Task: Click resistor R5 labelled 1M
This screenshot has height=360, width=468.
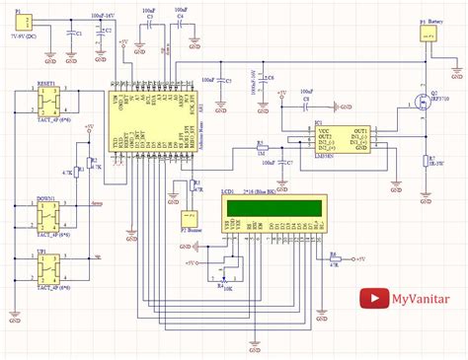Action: (x=261, y=149)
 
